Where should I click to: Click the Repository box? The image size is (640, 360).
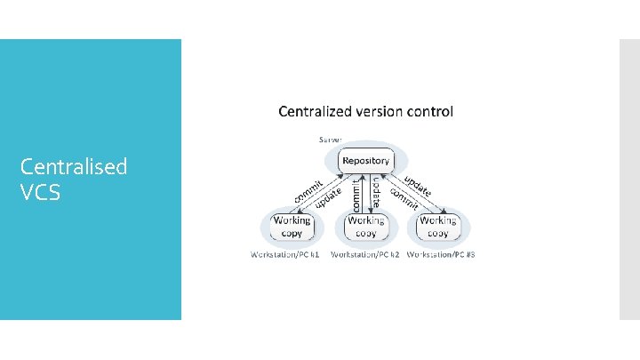[366, 161]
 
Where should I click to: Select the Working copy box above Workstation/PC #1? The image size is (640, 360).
[292, 226]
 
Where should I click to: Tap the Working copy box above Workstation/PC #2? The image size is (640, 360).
[366, 226]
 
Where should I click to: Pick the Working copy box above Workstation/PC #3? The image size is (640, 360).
[438, 226]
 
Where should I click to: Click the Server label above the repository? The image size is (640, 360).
[332, 140]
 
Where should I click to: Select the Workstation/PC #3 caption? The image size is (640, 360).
[442, 255]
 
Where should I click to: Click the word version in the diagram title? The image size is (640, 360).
[383, 112]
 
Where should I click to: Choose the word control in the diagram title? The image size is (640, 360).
[433, 112]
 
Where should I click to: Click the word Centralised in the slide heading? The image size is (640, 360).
[74, 166]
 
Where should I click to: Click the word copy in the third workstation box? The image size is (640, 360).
[438, 233]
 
